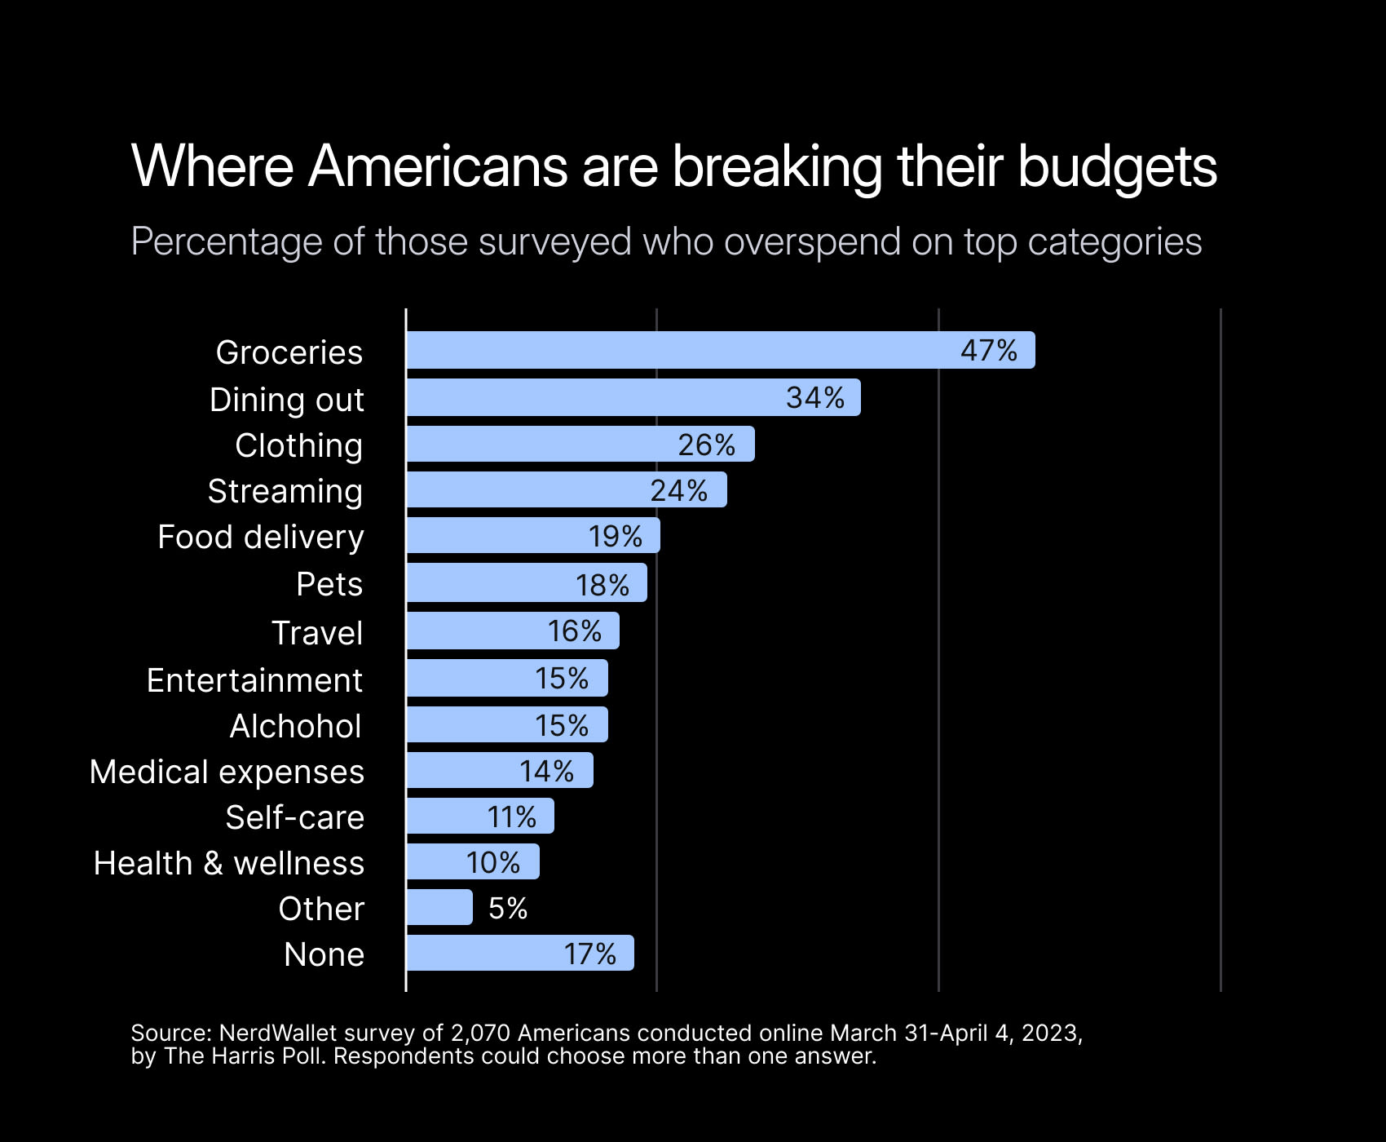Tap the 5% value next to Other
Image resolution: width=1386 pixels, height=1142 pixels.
click(x=508, y=908)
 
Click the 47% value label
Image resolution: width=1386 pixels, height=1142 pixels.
click(x=989, y=350)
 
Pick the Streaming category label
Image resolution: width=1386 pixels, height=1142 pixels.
click(x=285, y=491)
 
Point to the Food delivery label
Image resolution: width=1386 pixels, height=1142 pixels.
click(x=261, y=537)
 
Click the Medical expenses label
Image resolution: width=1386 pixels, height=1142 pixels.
click(x=227, y=772)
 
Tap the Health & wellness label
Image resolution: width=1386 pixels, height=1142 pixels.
click(x=229, y=863)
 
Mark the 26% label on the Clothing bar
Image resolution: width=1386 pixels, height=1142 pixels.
click(x=707, y=445)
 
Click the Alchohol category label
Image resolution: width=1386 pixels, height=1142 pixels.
click(x=295, y=726)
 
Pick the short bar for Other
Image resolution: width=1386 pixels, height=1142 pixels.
click(x=439, y=907)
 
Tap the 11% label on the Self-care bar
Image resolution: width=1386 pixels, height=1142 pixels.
click(x=512, y=817)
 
